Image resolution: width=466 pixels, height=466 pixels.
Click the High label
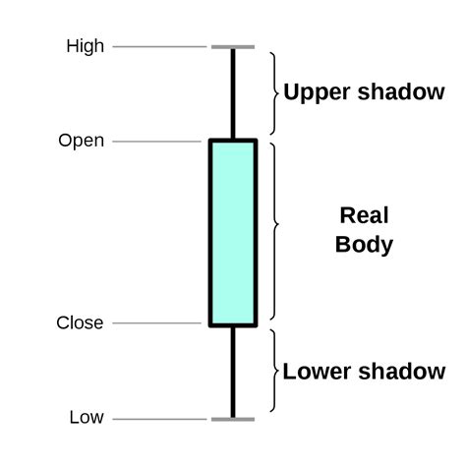pyautogui.click(x=85, y=46)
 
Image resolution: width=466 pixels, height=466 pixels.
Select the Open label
pyautogui.click(x=81, y=142)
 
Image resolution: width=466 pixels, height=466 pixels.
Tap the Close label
pyautogui.click(x=80, y=322)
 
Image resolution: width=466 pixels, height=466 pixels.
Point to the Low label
pyautogui.click(x=87, y=418)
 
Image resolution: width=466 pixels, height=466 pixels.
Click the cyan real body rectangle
pyautogui.click(x=233, y=232)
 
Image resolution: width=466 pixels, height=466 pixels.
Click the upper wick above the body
pyautogui.click(x=233, y=93)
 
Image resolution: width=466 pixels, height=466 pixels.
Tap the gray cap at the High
pyautogui.click(x=233, y=46)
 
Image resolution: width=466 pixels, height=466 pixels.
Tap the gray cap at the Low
pyautogui.click(x=233, y=419)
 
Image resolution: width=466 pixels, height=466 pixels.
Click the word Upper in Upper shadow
pyautogui.click(x=313, y=92)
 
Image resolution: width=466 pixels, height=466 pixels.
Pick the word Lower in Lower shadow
pyautogui.click(x=313, y=372)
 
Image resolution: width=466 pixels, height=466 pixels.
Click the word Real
pyautogui.click(x=364, y=215)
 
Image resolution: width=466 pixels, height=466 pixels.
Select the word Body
pyautogui.click(x=364, y=245)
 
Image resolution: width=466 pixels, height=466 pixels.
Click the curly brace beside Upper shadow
pyautogui.click(x=274, y=92)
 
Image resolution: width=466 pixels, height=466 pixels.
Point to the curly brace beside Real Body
pyautogui.click(x=274, y=230)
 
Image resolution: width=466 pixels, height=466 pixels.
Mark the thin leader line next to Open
pyautogui.click(x=157, y=142)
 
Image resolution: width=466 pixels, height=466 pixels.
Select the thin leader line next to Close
pyautogui.click(x=157, y=322)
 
